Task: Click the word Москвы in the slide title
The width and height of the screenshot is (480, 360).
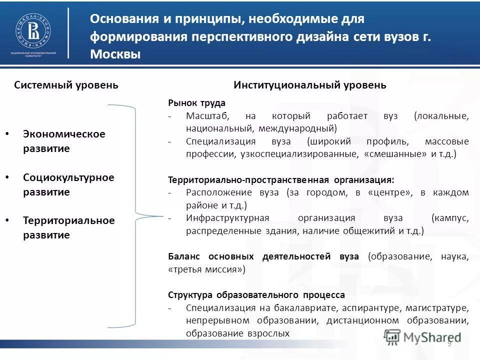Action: pyautogui.click(x=115, y=54)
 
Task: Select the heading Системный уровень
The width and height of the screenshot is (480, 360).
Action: pyautogui.click(x=66, y=85)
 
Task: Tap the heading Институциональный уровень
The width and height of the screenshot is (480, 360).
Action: pyautogui.click(x=309, y=85)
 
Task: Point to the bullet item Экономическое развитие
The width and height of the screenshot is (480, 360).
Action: pyautogui.click(x=64, y=141)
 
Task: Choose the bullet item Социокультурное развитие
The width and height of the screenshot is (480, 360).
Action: pyautogui.click(x=68, y=184)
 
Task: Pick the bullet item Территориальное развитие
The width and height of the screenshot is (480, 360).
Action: pyautogui.click(x=68, y=227)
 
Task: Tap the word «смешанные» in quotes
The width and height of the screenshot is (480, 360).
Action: pyautogui.click(x=396, y=154)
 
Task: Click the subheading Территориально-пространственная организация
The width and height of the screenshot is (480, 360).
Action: pyautogui.click(x=281, y=179)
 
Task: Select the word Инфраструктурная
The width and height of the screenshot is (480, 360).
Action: pyautogui.click(x=227, y=218)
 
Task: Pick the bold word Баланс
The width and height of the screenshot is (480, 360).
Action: pyautogui.click(x=184, y=256)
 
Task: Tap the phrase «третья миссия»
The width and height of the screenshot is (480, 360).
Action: pyautogui.click(x=207, y=269)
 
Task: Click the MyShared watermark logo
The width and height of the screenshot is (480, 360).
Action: pyautogui.click(x=423, y=337)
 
